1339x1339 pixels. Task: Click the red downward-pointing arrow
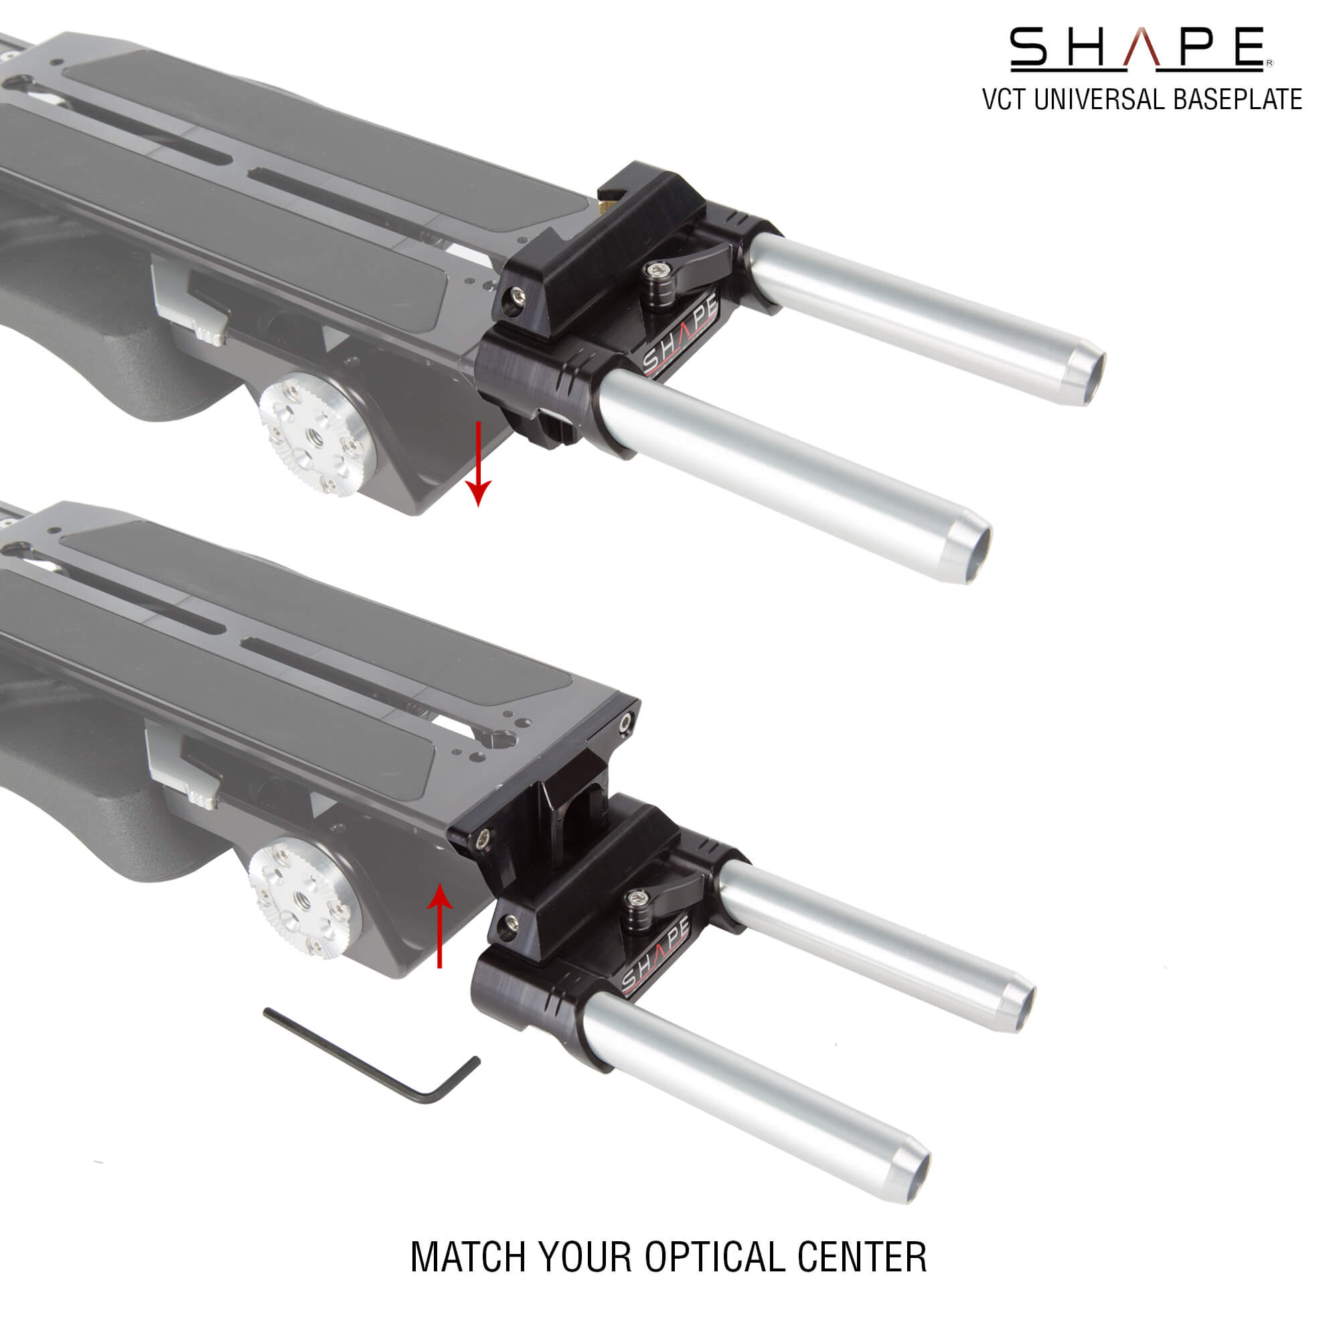tap(478, 465)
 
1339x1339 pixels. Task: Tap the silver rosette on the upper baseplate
tap(317, 435)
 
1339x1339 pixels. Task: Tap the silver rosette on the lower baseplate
tap(305, 898)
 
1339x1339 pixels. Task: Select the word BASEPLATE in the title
tap(1238, 100)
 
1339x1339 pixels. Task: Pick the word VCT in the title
tap(1004, 100)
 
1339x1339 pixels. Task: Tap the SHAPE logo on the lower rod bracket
tap(654, 957)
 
